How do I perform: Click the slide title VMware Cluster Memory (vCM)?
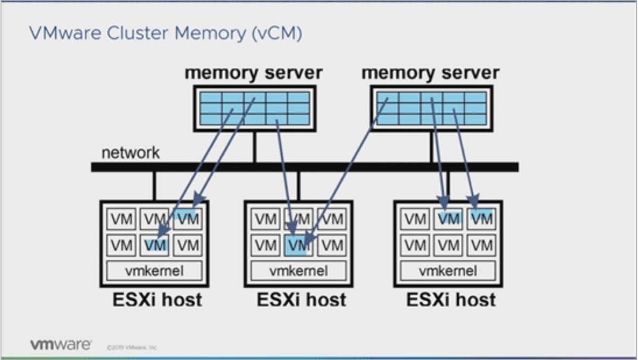pos(165,34)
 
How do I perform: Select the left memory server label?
pos(254,73)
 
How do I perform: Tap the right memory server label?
pos(431,73)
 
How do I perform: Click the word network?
pos(130,153)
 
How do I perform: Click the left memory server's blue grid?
pos(255,108)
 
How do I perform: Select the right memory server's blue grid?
pos(431,108)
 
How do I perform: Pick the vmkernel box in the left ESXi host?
pos(154,271)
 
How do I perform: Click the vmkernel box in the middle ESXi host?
pos(299,271)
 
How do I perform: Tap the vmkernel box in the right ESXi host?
pos(448,271)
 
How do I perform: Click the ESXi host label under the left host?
pos(157,299)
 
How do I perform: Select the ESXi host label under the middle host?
pos(301,299)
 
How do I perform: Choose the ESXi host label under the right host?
pos(451,299)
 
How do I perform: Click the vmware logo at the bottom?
pos(61,345)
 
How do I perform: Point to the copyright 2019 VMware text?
pos(132,347)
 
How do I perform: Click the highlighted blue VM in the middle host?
pos(298,246)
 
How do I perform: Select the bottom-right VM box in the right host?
pos(481,246)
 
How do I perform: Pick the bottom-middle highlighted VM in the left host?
pos(155,246)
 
